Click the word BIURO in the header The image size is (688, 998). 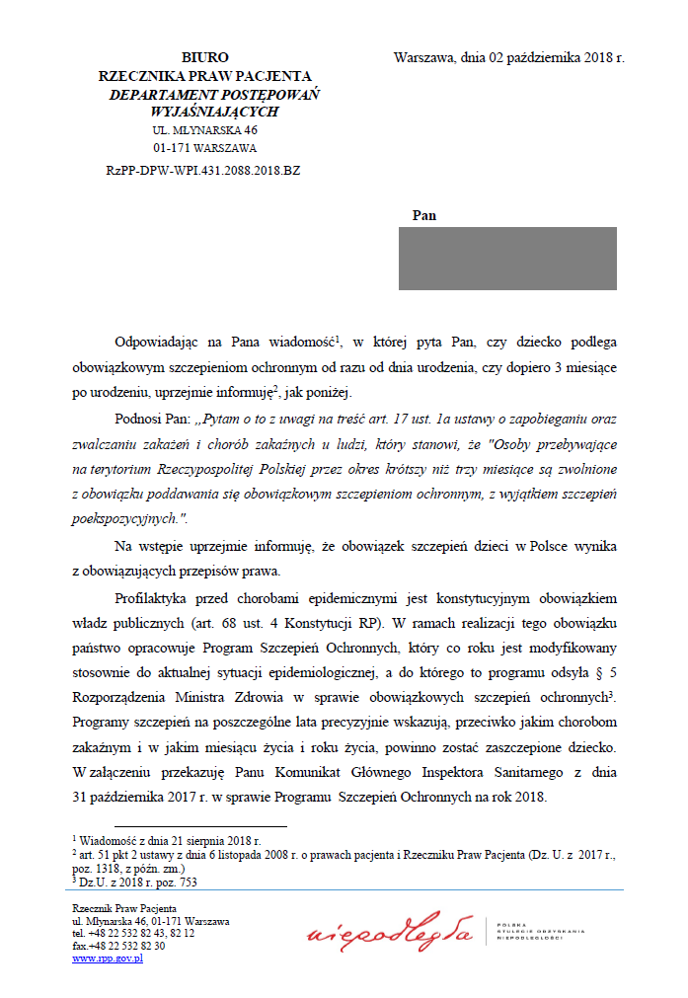click(x=205, y=58)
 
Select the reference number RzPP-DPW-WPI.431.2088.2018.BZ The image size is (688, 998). click(x=203, y=170)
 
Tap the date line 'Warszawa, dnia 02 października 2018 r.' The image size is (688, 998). click(x=508, y=57)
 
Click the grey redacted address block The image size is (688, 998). click(x=507, y=259)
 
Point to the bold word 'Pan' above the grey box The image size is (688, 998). click(x=423, y=215)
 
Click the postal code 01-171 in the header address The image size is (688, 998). click(x=172, y=148)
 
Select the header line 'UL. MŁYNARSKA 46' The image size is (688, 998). click(x=204, y=129)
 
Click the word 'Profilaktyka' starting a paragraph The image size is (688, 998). click(x=153, y=599)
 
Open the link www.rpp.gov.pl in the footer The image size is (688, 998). click(x=108, y=958)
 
